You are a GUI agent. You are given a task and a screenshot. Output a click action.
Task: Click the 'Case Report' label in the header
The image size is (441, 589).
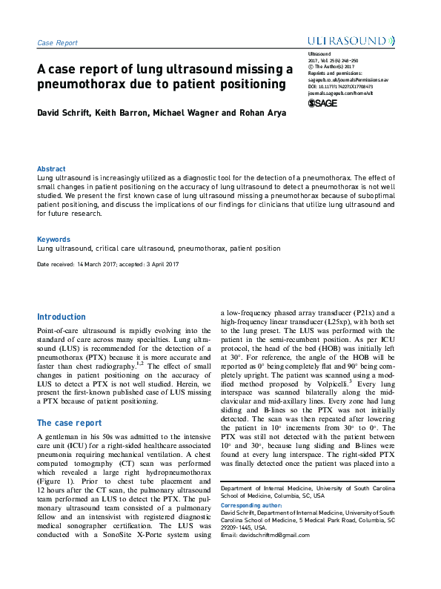coord(57,43)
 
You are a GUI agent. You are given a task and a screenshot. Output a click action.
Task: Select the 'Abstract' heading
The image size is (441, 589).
coord(51,169)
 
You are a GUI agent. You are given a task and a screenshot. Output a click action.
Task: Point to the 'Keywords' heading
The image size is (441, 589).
coord(53,240)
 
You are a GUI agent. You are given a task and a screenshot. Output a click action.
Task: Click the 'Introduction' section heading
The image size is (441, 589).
coord(62,317)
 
